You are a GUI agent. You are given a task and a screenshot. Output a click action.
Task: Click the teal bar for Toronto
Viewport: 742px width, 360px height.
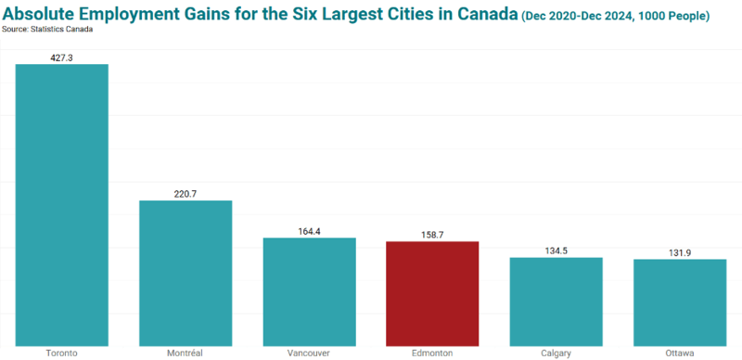[x=62, y=205]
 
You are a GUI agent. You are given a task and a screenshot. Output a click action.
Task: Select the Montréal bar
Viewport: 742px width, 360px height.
[x=185, y=274]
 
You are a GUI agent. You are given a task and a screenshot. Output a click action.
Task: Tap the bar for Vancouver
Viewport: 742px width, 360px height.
[x=310, y=291]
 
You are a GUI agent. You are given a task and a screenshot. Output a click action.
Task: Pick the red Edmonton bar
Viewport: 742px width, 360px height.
[x=432, y=294]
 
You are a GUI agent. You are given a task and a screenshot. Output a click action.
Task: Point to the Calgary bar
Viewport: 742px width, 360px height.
[x=556, y=302]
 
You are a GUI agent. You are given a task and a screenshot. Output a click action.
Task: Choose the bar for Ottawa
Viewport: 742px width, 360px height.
[x=680, y=302]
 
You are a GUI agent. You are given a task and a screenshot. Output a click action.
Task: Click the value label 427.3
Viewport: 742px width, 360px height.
[x=61, y=58]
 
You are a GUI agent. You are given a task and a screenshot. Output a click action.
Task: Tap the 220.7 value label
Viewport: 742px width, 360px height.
[x=185, y=194]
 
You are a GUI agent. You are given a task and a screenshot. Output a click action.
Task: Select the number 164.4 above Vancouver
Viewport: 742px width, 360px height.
[x=310, y=232]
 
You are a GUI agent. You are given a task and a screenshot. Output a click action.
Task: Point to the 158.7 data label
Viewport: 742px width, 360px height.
[x=432, y=235]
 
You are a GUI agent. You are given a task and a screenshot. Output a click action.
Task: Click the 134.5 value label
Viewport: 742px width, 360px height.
[x=556, y=251]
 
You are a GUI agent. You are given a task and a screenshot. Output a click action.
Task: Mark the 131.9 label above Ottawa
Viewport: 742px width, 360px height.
[x=680, y=253]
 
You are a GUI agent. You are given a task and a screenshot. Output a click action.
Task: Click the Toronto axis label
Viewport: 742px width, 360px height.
[x=61, y=354]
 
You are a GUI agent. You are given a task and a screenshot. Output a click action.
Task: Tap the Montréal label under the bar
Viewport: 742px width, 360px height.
[x=185, y=354]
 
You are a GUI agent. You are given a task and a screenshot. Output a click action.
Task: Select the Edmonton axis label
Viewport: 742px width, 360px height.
[x=432, y=354]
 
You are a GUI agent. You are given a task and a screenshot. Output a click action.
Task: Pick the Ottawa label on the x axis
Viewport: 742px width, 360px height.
[x=680, y=354]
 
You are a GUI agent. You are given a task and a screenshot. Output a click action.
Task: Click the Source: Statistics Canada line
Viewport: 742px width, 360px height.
[x=47, y=30]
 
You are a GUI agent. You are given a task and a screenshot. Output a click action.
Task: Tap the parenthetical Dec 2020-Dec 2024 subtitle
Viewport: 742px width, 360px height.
[x=615, y=16]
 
